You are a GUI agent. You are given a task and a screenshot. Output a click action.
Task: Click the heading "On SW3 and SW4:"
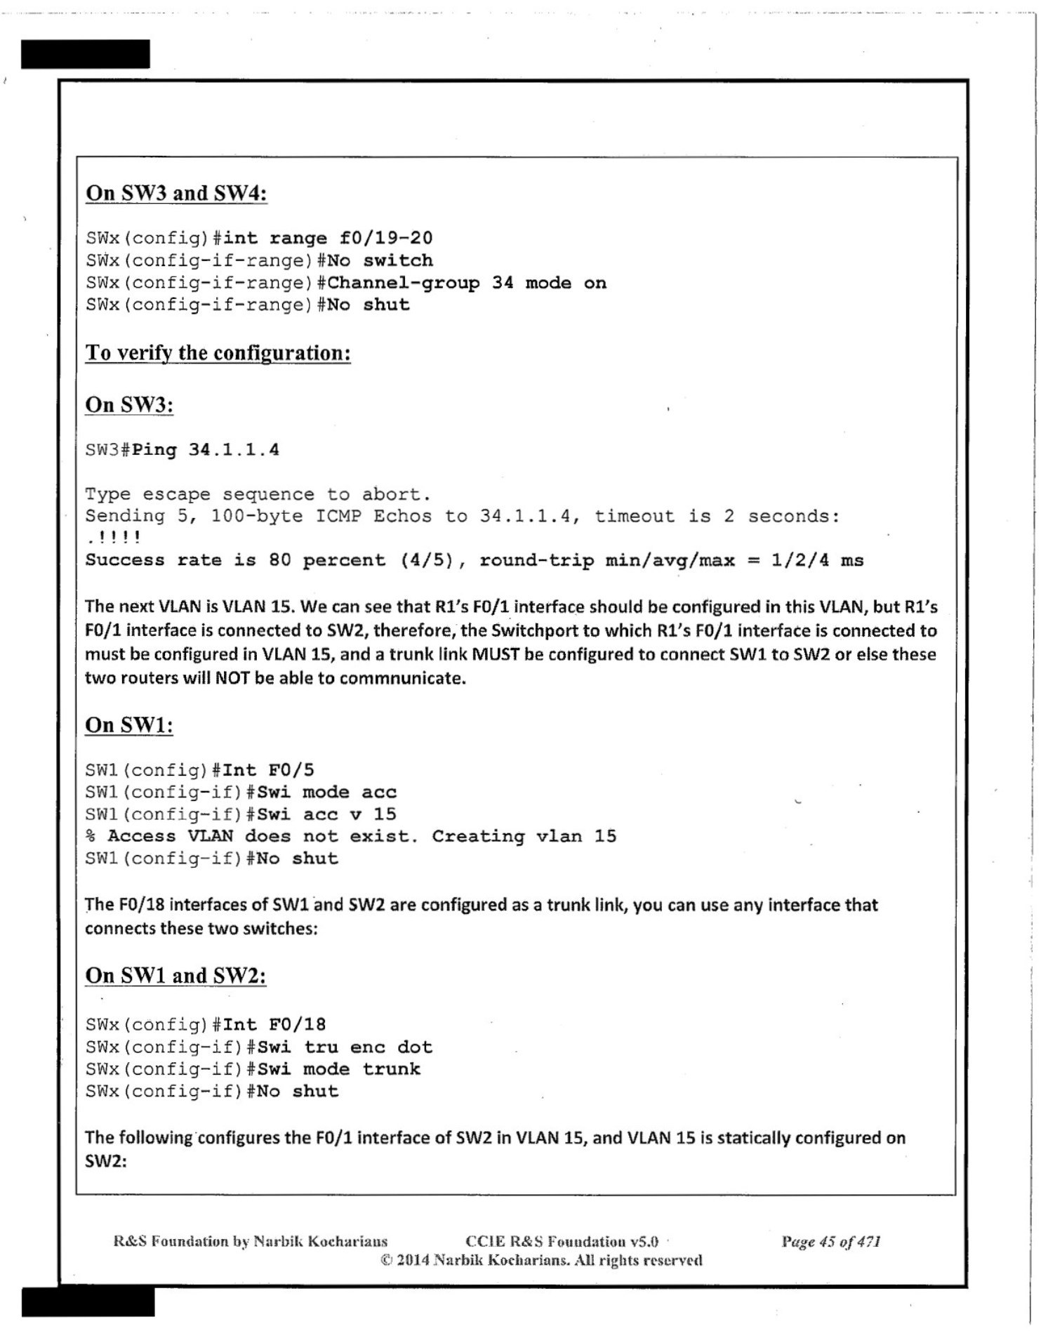176,193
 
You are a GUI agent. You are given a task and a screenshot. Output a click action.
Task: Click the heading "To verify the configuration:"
218,352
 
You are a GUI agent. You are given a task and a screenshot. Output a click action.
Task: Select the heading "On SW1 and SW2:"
175,976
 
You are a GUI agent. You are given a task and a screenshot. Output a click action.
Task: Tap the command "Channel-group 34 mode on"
466,283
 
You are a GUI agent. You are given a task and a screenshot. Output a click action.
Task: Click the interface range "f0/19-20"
385,238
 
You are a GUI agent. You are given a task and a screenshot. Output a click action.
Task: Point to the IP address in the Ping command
233,449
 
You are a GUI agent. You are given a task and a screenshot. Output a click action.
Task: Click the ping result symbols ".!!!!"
113,538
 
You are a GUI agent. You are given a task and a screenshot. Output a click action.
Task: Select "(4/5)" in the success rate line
427,560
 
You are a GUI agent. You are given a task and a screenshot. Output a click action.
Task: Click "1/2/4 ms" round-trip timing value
817,560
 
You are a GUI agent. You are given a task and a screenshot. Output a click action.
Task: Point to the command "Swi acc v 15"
326,814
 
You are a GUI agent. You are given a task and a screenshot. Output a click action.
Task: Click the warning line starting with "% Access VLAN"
350,836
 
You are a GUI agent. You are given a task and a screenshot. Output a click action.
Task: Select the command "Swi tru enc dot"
345,1047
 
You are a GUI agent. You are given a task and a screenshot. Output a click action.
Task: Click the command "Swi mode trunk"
338,1069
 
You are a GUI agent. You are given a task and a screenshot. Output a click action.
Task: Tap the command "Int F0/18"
274,1025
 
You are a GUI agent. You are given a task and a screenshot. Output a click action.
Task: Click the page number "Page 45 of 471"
830,1242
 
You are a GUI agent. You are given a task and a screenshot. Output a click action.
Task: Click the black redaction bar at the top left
85,54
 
